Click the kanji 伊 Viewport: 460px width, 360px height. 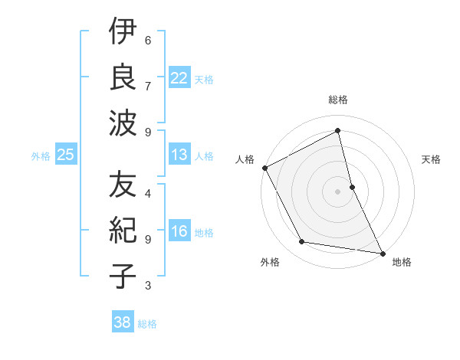click(123, 34)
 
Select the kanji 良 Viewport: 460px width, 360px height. click(123, 78)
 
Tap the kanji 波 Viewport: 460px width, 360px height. click(123, 123)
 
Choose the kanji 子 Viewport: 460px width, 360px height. click(123, 276)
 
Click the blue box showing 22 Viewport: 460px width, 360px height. click(179, 78)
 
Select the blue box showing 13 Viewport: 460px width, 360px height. click(179, 155)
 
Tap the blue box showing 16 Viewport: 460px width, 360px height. click(179, 232)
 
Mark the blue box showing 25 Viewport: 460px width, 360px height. click(66, 155)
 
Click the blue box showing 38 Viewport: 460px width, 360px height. click(123, 322)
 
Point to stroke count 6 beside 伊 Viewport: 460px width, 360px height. click(147, 40)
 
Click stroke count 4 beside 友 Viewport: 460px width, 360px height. click(147, 193)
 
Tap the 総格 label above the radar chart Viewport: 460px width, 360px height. click(338, 100)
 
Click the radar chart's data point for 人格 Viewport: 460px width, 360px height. click(264, 168)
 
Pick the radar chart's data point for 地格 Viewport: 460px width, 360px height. click(381, 253)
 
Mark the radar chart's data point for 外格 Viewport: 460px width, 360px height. click(302, 242)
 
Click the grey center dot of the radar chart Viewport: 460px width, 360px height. click(338, 191)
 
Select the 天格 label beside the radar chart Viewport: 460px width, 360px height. click(432, 159)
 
